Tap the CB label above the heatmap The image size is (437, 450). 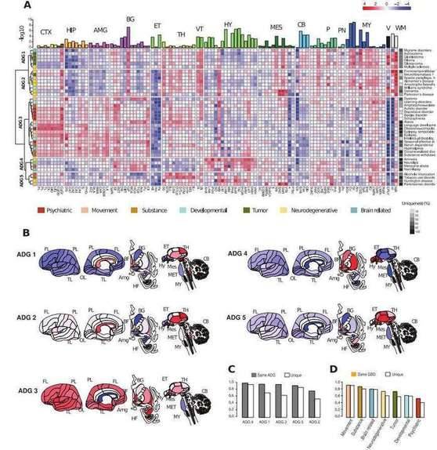pos(302,25)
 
